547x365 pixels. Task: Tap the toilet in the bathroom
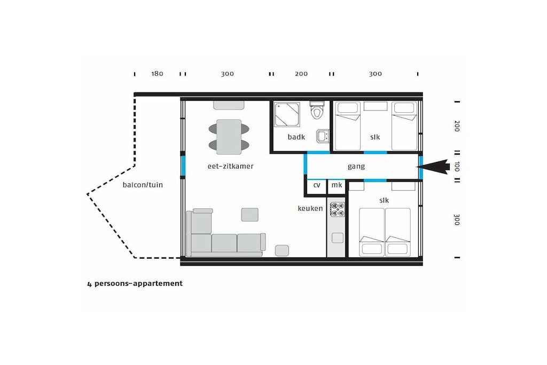click(317, 110)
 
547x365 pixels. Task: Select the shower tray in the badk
click(287, 114)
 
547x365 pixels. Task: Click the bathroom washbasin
click(323, 136)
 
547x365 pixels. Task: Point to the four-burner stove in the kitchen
click(338, 209)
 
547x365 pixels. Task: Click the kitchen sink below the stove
click(338, 238)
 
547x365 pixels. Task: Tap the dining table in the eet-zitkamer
click(229, 137)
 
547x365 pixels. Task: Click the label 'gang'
click(356, 166)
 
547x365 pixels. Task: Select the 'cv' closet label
click(317, 185)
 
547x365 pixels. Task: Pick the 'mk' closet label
click(337, 184)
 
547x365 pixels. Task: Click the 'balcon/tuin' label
click(143, 184)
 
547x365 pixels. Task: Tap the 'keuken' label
click(310, 208)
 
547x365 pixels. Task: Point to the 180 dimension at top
click(157, 74)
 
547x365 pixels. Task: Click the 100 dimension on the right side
click(457, 167)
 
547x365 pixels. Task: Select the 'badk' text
click(296, 137)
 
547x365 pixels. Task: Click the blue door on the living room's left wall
click(183, 166)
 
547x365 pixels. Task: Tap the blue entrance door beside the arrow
click(421, 167)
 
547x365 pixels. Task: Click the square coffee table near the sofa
click(250, 215)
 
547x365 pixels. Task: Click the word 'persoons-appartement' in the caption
click(138, 283)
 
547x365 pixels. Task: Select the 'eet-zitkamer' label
click(230, 166)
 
